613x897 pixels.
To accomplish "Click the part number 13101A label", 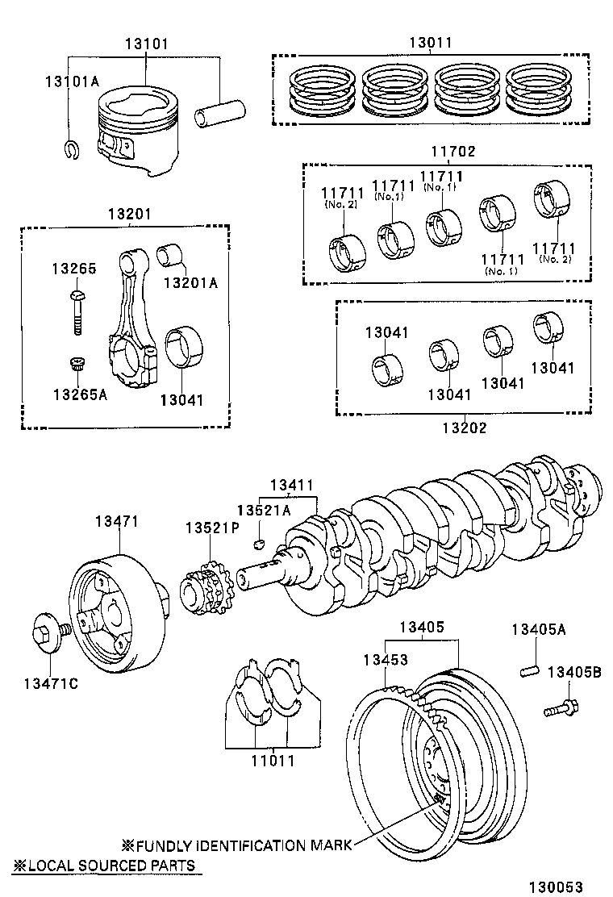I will click(71, 81).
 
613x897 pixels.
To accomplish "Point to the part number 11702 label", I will click(453, 152).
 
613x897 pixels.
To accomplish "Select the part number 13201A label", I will click(190, 282).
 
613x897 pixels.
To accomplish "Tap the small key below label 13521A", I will click(260, 543).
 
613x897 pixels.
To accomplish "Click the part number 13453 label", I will click(386, 659).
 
